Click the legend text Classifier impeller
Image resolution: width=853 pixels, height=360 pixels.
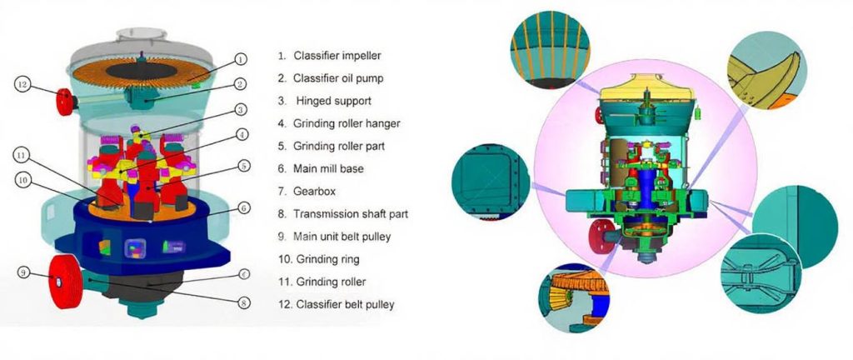pos(337,56)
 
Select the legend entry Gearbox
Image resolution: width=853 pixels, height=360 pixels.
pos(314,192)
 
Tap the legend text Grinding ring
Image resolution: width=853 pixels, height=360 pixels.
pos(327,259)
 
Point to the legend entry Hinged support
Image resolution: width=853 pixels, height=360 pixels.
pos(333,101)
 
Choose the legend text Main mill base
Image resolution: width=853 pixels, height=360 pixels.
pos(328,168)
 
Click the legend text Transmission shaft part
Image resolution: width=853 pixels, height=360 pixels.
pos(351,213)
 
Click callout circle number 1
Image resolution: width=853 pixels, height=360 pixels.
pos(242,58)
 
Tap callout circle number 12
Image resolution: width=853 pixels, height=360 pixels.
pos(22,85)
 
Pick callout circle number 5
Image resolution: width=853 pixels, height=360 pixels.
pos(244,166)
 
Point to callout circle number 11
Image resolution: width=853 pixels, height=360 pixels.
pos(20,156)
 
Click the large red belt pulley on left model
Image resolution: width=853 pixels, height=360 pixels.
pos(65,282)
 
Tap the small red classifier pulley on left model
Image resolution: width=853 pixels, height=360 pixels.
pos(65,102)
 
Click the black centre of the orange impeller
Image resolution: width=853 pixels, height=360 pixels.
pos(141,71)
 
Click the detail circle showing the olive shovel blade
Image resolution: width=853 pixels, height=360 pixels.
pos(767,71)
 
